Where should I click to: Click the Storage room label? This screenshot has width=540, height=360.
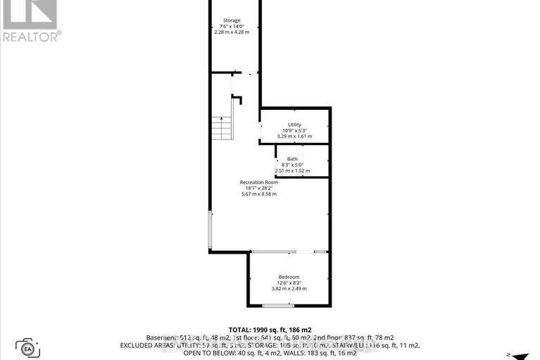231,20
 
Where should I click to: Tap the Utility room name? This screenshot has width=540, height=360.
294,124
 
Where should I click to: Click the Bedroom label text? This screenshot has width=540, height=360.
289,276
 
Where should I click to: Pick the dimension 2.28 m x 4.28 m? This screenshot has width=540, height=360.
232,32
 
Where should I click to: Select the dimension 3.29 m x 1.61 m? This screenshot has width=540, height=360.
294,136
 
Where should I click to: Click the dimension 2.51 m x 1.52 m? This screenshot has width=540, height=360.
292,170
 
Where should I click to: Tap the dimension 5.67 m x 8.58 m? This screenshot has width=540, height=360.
260,194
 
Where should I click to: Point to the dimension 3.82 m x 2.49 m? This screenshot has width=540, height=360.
289,288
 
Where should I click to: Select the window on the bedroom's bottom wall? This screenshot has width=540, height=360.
277,306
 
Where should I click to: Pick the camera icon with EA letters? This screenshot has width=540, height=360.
28,347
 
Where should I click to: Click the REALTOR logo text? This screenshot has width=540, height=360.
31,35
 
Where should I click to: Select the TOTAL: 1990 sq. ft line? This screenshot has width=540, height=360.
270,330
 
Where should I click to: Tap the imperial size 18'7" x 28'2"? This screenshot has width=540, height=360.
260,188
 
